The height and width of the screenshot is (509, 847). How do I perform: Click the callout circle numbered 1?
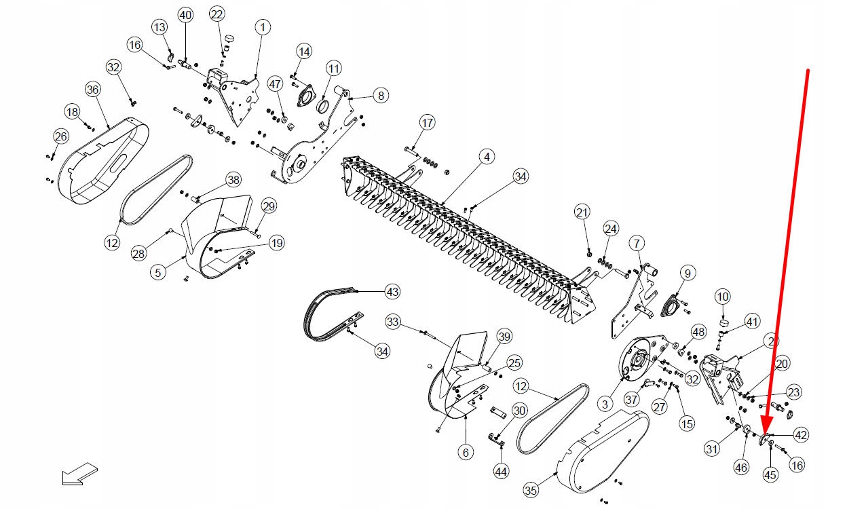coord(263,27)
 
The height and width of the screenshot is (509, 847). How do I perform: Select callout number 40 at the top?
coord(185,15)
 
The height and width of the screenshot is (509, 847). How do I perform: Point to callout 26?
coord(60,137)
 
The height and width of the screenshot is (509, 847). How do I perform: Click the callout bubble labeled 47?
coord(274,85)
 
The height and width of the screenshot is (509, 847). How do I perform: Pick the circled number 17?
coord(427,123)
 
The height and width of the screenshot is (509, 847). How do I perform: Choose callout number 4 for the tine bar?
coord(486,157)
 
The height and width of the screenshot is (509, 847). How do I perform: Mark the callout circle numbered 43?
coord(392,292)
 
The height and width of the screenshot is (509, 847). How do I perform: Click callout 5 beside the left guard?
coord(157,272)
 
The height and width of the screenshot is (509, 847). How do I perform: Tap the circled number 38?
coord(233,180)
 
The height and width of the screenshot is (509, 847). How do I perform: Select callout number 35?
coord(531,489)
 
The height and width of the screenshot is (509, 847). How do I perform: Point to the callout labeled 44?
coord(501,470)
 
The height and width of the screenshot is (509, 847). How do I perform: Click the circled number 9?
coord(687,274)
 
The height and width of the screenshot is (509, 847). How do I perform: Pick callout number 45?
coord(770,475)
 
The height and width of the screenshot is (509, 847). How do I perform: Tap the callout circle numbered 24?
coord(611,228)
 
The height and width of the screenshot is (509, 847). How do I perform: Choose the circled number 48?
coord(698,331)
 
